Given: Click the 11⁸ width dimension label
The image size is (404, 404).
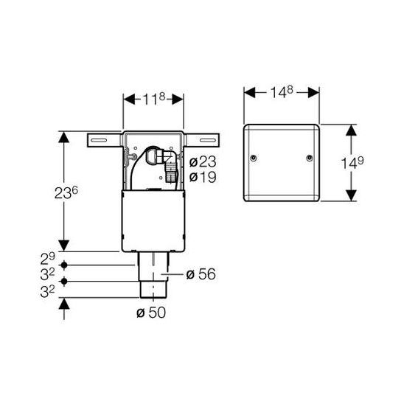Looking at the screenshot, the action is [x=154, y=99].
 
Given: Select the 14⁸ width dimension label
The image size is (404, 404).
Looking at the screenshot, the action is [x=282, y=92].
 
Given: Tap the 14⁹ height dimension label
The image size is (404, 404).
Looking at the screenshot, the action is [x=352, y=163].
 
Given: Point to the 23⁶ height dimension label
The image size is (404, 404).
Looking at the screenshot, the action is [x=66, y=192].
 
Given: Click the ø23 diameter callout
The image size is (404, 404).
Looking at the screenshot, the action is [x=203, y=162].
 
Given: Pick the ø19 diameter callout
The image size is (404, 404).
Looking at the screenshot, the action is [x=203, y=177].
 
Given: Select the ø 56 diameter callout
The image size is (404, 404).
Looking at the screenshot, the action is [x=201, y=274].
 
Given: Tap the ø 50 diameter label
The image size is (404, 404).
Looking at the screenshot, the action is [x=151, y=313].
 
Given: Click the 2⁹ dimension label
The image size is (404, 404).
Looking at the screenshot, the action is [x=48, y=259].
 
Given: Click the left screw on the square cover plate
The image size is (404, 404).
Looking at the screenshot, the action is [x=254, y=158].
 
